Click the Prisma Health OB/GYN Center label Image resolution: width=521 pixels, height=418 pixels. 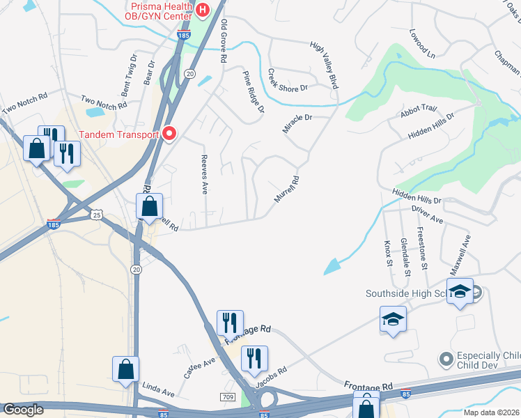(159, 11)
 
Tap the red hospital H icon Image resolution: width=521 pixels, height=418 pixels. (202, 10)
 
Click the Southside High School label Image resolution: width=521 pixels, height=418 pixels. (407, 293)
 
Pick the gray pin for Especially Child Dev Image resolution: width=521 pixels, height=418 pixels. (446, 359)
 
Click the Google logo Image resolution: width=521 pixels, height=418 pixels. (24, 410)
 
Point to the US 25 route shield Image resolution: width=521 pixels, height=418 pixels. (95, 216)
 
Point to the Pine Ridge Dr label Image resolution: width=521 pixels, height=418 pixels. (254, 91)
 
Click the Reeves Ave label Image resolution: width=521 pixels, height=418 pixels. (205, 174)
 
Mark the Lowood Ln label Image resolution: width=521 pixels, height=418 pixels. (422, 43)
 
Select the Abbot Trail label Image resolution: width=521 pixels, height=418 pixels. (418, 109)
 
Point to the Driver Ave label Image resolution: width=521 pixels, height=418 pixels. (427, 219)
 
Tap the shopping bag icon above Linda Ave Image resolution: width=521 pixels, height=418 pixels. (125, 369)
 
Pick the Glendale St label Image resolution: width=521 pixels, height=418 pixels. (405, 255)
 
